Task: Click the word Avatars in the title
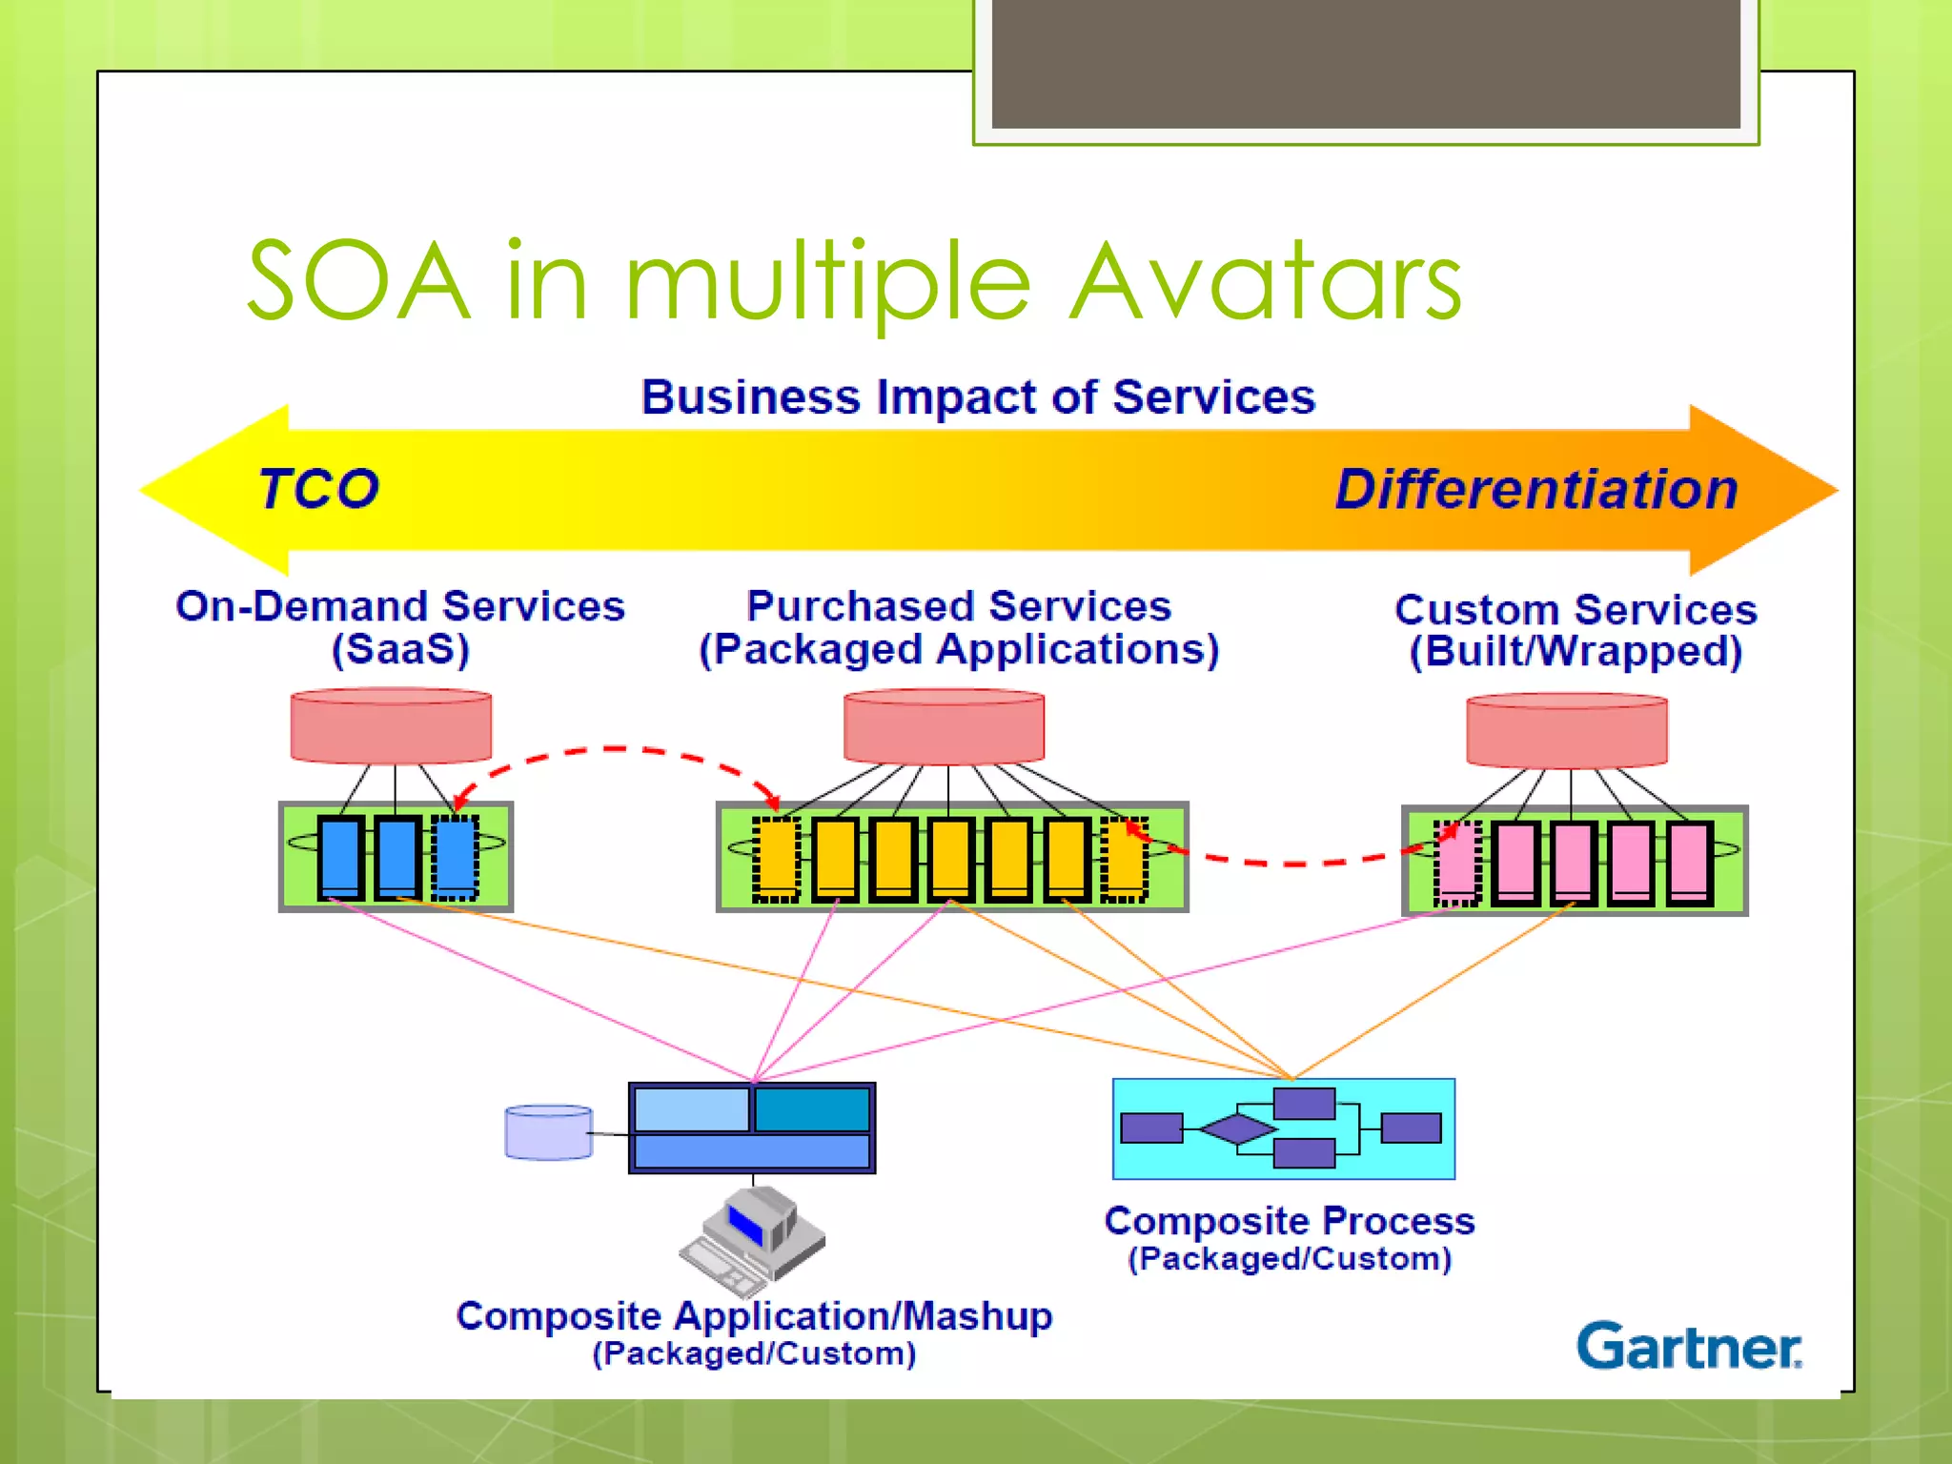point(1265,282)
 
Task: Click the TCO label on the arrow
point(318,489)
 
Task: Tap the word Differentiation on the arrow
point(1536,489)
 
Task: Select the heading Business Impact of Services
point(978,396)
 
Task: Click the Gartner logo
point(1688,1346)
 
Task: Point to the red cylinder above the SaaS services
point(391,727)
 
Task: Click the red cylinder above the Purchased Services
point(944,728)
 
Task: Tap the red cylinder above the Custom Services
point(1567,731)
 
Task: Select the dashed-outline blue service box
point(455,857)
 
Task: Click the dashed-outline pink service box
point(1456,863)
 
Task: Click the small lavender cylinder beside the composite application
point(548,1132)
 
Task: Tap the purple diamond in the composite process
point(1237,1128)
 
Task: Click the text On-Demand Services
point(400,606)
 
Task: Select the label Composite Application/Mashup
point(754,1315)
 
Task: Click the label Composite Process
point(1289,1221)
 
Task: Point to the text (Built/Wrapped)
point(1576,652)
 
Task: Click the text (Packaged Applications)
point(959,650)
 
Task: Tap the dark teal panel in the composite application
point(812,1109)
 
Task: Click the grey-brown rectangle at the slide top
point(1365,62)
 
